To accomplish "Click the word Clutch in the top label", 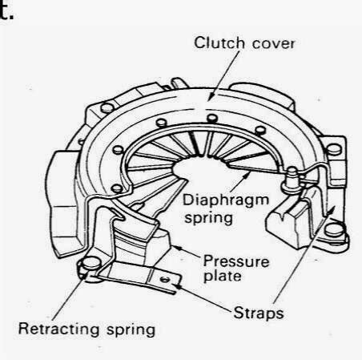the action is click(219, 42).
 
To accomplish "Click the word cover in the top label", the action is click(273, 44).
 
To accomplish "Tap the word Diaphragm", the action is click(226, 200).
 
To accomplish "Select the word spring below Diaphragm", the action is click(209, 218).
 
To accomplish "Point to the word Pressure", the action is click(236, 261).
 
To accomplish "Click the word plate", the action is click(222, 276).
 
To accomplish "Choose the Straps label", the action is click(258, 313).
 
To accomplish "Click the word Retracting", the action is click(59, 329).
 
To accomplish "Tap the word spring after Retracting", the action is click(131, 330).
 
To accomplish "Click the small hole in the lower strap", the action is click(165, 280).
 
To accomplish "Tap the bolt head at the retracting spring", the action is click(91, 263).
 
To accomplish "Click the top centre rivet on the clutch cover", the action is click(212, 118).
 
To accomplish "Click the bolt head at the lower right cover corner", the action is click(334, 230).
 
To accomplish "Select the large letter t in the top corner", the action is click(6, 10).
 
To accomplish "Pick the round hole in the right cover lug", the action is click(334, 149).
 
